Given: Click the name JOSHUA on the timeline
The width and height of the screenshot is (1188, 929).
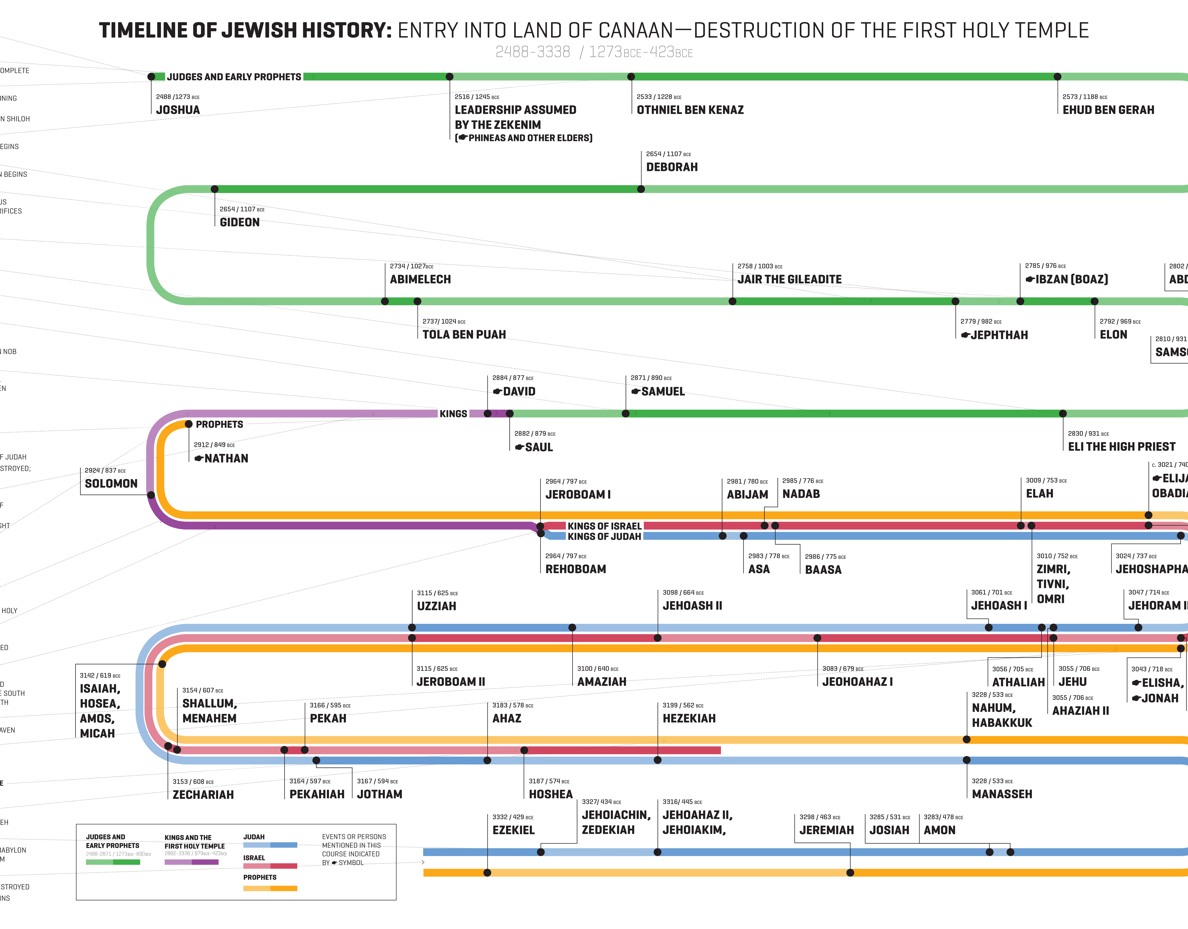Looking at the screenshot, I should (178, 110).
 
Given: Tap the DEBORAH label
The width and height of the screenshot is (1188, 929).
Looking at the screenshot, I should (672, 167).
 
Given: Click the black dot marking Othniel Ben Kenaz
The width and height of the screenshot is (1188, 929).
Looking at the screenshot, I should (631, 77).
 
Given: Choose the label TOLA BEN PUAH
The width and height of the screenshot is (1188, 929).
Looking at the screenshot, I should (464, 335).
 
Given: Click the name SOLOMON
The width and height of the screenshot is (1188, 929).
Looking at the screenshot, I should (111, 484).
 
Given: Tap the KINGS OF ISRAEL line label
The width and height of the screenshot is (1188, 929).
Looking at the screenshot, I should (604, 526).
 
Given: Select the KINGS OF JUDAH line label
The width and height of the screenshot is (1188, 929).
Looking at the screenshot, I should (604, 536).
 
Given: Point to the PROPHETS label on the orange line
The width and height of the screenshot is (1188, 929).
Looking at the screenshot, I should (219, 424).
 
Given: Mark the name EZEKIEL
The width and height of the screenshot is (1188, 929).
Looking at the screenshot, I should (514, 830).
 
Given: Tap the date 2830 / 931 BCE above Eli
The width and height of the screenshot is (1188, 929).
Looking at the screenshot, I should (1088, 433).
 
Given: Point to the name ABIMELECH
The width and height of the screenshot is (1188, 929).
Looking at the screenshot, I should (420, 279).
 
